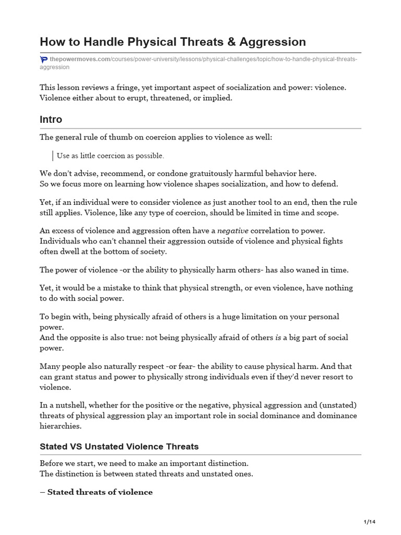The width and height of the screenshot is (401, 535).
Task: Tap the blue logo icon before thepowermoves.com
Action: pos(43,60)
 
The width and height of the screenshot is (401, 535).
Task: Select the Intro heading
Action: pos(51,120)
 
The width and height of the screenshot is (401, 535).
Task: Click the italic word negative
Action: pos(233,230)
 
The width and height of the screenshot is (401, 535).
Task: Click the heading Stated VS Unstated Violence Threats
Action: pos(119,447)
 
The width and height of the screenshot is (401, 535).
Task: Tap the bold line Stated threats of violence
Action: pos(96,492)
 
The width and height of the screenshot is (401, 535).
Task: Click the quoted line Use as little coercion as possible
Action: pos(111,156)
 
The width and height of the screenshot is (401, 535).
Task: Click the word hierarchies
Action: pos(61,426)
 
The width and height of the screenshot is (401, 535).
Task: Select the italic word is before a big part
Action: pos(278,338)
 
